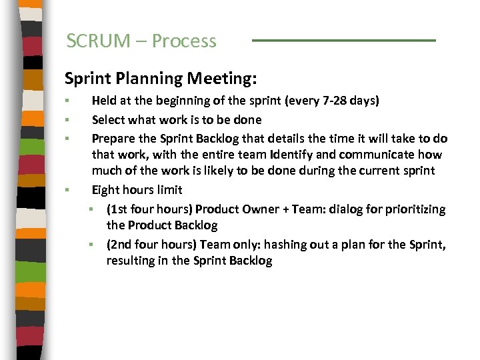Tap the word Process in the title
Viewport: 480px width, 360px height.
coord(184,41)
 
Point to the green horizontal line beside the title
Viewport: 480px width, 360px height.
coord(343,41)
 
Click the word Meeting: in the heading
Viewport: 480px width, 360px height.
coord(221,79)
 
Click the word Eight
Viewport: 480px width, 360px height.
coord(106,190)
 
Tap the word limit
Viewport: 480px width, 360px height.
coord(170,190)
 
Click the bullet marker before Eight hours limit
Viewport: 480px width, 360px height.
coord(69,190)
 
